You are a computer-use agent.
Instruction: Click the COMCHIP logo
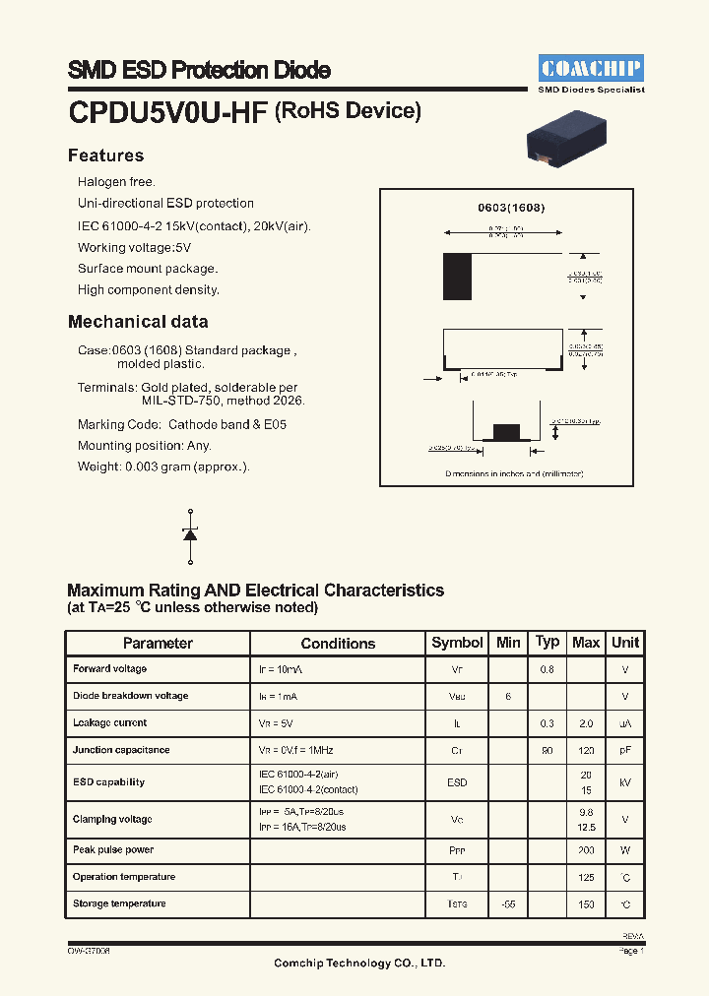click(591, 68)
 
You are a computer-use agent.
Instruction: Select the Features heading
click(105, 156)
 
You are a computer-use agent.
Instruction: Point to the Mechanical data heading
click(138, 322)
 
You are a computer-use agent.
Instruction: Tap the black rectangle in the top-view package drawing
click(458, 277)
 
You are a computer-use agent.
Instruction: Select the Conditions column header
click(338, 643)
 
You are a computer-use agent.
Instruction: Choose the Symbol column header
click(457, 643)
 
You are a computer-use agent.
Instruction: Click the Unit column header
click(625, 643)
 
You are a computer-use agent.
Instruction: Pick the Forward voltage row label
click(109, 669)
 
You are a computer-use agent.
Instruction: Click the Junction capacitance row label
click(121, 750)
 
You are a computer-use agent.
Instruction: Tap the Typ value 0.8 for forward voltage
click(547, 669)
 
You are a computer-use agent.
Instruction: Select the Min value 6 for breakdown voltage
click(508, 696)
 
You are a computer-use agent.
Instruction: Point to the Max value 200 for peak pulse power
click(586, 850)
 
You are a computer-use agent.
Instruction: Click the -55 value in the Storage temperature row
click(508, 904)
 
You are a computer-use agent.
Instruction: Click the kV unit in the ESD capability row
click(625, 782)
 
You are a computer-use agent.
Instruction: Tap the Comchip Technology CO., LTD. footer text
click(358, 963)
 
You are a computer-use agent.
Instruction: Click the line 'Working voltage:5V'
click(135, 247)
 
